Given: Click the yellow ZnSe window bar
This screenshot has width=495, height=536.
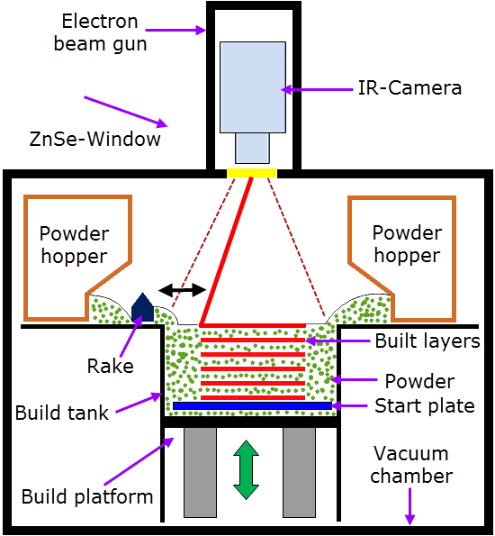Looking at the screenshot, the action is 252,173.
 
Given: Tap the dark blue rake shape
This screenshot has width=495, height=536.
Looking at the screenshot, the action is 142,308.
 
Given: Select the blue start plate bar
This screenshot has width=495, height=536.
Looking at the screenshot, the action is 253,405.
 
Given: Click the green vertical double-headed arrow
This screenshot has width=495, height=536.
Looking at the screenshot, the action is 246,469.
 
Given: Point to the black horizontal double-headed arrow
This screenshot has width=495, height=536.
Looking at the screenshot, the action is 183,290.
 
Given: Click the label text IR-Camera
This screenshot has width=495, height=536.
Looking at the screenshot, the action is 409,88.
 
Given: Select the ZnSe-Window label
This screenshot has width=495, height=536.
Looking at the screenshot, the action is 94,139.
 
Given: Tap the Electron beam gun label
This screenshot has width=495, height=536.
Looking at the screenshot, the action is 101,32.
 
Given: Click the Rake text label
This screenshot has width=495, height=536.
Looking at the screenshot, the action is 111,366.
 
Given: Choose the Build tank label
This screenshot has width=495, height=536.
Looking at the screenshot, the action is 62,413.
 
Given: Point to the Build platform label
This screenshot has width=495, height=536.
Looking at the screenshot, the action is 87,497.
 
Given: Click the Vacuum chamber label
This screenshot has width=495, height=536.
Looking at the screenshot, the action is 411,465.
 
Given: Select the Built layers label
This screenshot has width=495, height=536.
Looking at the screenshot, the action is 427,341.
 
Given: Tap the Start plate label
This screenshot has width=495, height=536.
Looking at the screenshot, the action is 425,406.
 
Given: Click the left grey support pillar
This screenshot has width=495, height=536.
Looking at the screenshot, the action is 200,472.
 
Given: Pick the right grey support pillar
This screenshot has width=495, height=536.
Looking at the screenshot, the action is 299,472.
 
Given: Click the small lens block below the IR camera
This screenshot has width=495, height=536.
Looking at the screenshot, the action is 252,148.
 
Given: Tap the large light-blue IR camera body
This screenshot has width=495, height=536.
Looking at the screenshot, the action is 253,87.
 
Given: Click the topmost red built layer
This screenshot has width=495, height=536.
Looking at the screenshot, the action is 253,325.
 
